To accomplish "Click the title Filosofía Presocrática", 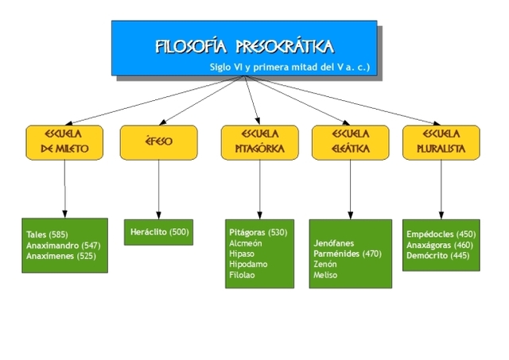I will pyautogui.click(x=244, y=45).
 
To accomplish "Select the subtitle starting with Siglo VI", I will pyautogui.click(x=289, y=68).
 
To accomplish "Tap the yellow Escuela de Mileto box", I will pyautogui.click(x=64, y=141).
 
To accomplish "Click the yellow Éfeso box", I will pyautogui.click(x=157, y=142).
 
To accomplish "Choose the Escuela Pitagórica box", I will pyautogui.click(x=254, y=141).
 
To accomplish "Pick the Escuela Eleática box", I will pyautogui.click(x=350, y=141).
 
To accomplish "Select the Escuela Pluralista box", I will pyautogui.click(x=441, y=141).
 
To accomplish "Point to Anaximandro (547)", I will pyautogui.click(x=62, y=246).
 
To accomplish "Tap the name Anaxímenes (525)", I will pyautogui.click(x=60, y=257).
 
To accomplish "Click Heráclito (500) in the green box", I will pyautogui.click(x=159, y=231).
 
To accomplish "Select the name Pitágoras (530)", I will pyautogui.click(x=258, y=233).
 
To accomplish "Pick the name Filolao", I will pyautogui.click(x=242, y=274).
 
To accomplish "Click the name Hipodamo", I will pyautogui.click(x=247, y=264).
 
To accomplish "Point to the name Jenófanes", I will pyautogui.click(x=334, y=243).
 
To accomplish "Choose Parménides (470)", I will pyautogui.click(x=348, y=254).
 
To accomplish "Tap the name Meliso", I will pyautogui.click(x=325, y=274).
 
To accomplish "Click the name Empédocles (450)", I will pyautogui.click(x=441, y=234).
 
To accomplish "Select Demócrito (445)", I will pyautogui.click(x=437, y=255).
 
